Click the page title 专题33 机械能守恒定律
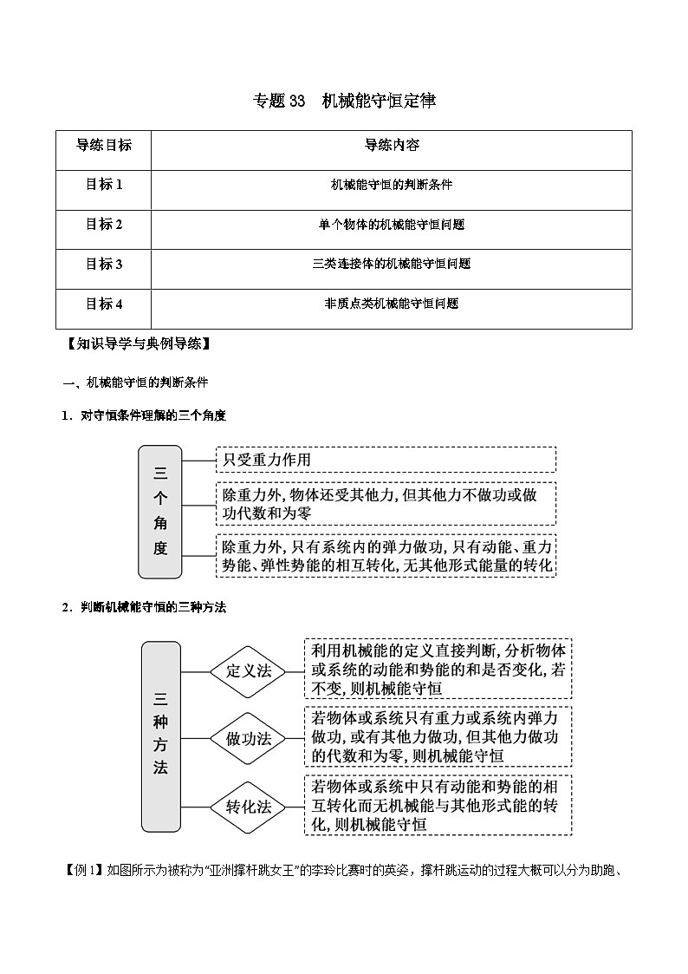coord(344,101)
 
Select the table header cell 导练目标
coord(104,146)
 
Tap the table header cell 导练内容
coord(392,146)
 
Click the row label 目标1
coord(104,185)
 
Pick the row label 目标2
coord(104,225)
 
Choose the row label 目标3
coord(104,264)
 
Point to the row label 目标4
coord(104,304)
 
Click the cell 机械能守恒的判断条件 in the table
coord(392,185)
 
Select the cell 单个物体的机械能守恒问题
coord(392,225)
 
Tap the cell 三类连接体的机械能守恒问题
coord(392,264)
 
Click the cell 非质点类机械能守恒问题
coord(392,304)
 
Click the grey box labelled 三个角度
coord(160,511)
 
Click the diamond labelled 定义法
coord(249,671)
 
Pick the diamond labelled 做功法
coord(249,739)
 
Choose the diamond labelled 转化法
coord(249,807)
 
